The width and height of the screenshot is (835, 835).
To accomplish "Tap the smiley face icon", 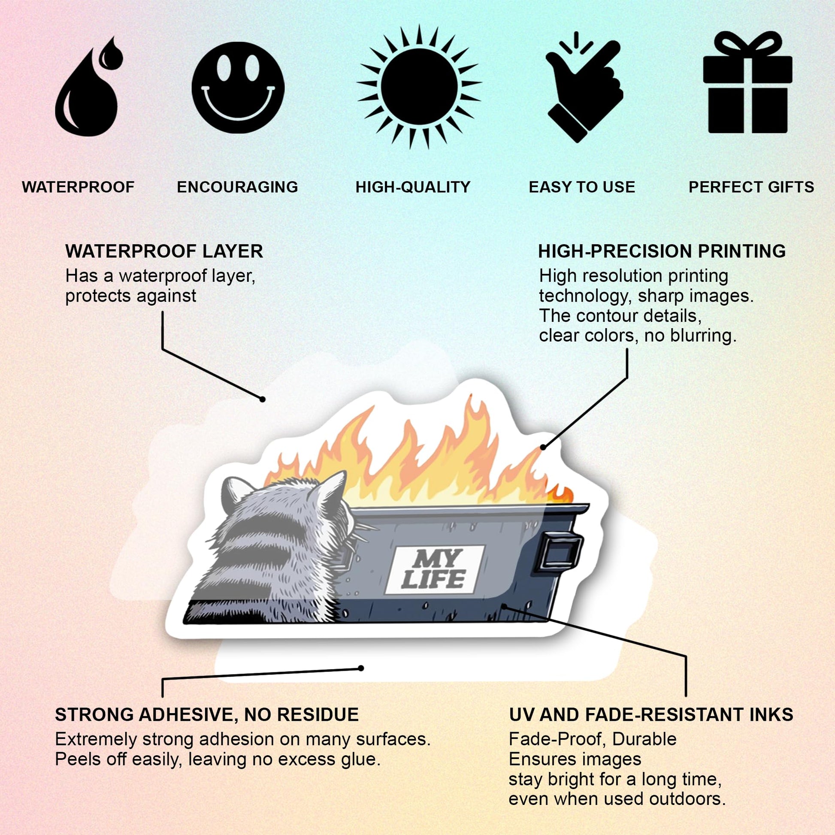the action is pos(238,87).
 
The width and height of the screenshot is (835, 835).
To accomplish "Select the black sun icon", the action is pos(419,86).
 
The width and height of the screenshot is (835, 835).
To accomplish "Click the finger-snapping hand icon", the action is pos(584,91).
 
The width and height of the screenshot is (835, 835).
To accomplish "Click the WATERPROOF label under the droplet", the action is pos(78,187).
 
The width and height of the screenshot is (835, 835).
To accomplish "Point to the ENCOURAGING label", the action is pos(237,187).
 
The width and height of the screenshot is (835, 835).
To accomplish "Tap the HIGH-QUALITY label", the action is pos(413,187).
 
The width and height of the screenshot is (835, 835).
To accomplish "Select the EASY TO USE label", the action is pos(582,187).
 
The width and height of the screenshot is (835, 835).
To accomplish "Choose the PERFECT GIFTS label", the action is pos(751,187).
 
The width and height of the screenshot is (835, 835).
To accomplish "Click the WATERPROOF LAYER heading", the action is pos(164,251).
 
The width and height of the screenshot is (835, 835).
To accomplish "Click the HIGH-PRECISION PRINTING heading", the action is pos(662,251).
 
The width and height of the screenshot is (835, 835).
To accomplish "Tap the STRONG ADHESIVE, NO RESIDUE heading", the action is pos(206,715).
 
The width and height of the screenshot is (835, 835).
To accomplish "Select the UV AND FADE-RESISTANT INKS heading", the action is pos(651,715).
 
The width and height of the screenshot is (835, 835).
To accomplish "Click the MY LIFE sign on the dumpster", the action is pos(434,570).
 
